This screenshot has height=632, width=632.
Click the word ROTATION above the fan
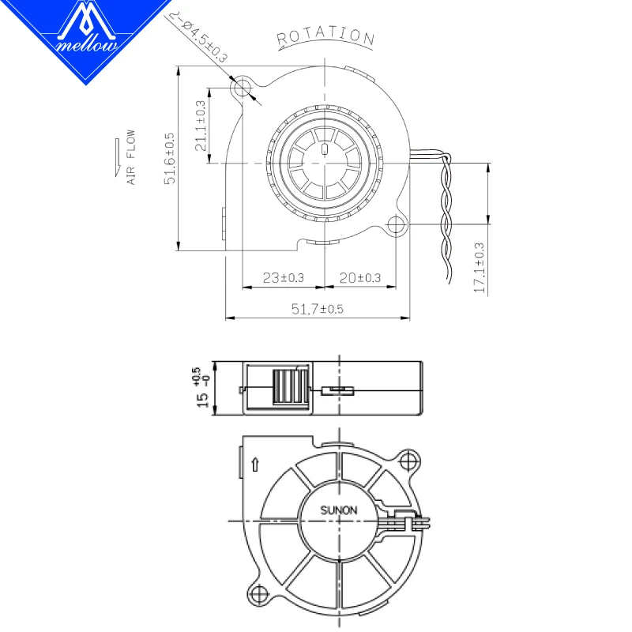pos(325,36)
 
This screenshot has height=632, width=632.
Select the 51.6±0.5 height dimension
pos(169,159)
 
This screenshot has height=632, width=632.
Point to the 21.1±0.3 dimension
pos(201,126)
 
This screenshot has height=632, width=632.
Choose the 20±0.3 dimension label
pos(360,278)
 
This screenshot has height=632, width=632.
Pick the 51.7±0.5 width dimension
pos(318,310)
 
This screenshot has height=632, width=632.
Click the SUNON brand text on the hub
pos(338,510)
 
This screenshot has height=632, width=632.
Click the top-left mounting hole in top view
pos(244,86)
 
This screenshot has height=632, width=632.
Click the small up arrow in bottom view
pos(254,465)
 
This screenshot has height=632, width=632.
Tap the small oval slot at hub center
pos(325,149)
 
